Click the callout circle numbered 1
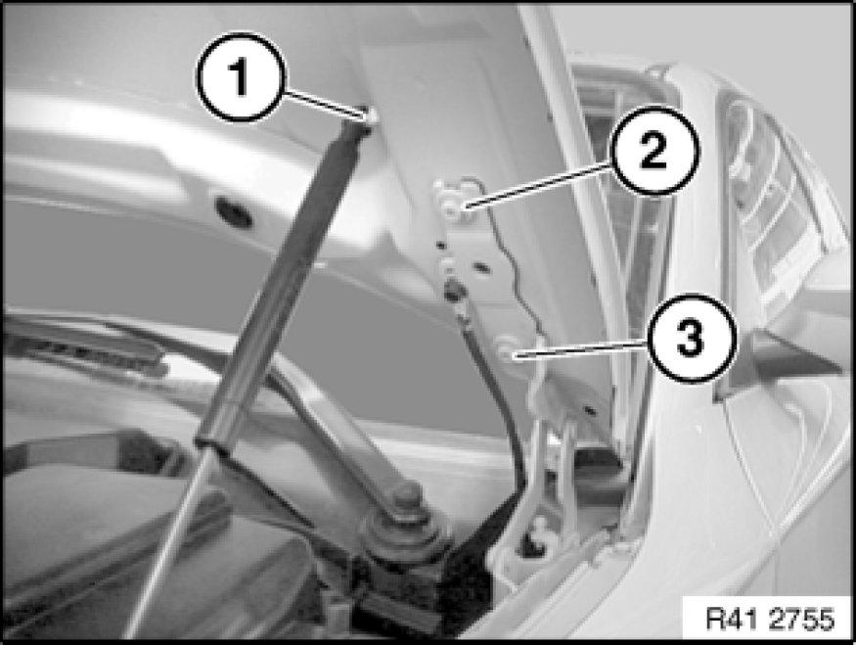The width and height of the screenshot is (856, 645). pyautogui.click(x=241, y=77)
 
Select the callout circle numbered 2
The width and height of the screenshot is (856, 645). pyautogui.click(x=654, y=150)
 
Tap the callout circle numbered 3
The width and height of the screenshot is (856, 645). pyautogui.click(x=691, y=338)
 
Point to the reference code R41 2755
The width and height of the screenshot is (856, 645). pyautogui.click(x=770, y=619)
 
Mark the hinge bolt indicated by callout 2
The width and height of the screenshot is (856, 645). pyautogui.click(x=451, y=206)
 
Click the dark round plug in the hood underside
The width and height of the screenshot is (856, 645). pyautogui.click(x=234, y=212)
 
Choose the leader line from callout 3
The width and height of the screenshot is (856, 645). pyautogui.click(x=580, y=349)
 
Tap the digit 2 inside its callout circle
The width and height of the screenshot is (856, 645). pyautogui.click(x=653, y=150)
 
